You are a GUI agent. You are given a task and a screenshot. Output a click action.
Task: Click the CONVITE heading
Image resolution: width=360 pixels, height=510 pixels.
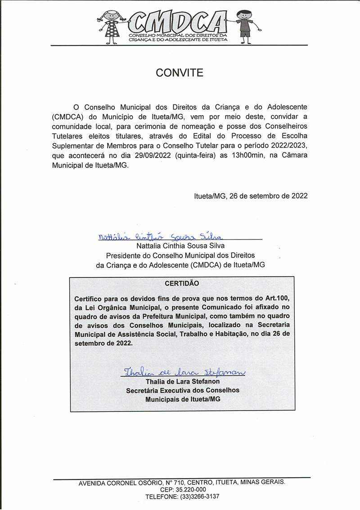[180, 72]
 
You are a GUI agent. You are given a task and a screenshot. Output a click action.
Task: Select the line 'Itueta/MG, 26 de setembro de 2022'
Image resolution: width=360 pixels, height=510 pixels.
[251, 196]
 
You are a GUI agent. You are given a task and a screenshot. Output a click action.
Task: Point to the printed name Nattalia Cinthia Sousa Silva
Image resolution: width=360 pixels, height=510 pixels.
[180, 246]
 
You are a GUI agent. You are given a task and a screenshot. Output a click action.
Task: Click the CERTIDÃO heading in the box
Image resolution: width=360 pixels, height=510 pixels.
[182, 284]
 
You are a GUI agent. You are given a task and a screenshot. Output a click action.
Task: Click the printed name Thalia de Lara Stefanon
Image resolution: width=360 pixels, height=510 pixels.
[183, 382]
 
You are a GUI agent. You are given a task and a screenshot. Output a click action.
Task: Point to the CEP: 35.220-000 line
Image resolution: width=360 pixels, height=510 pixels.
[183, 489]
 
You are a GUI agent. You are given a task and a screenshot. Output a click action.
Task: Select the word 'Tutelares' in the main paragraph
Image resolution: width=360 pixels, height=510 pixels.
[67, 135]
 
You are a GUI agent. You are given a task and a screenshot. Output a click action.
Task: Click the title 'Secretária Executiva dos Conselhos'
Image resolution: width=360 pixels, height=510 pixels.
[183, 390]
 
